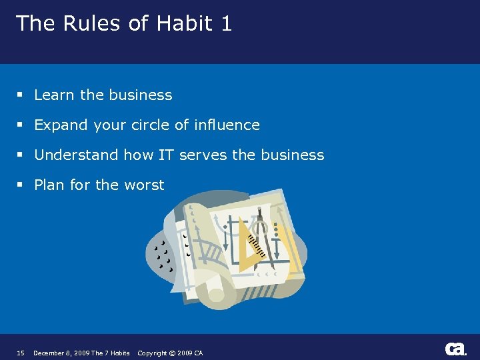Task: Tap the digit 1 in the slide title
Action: (226, 24)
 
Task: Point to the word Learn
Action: (55, 95)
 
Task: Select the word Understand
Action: (76, 155)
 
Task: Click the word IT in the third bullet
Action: (165, 155)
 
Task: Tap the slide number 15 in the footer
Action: (21, 353)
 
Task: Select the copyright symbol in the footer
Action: (171, 353)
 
